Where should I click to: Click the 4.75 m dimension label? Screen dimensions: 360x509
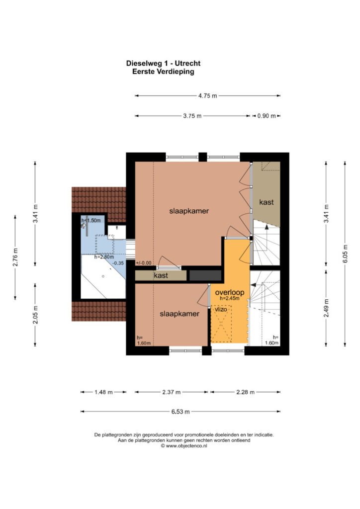tap(208, 96)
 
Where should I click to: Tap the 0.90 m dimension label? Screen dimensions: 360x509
tap(267, 116)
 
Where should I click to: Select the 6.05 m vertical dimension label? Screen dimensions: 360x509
tap(345, 254)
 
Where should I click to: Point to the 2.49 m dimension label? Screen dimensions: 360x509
tap(327, 308)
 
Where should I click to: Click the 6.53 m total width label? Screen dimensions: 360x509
tap(180, 412)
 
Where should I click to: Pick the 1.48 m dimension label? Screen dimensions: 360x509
tap(103, 392)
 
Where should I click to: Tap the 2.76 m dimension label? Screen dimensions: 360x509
tap(15, 257)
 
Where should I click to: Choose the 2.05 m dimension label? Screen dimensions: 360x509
tap(35, 315)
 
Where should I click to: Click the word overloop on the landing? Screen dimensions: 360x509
tap(230, 292)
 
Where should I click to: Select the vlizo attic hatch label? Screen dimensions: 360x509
tap(221, 309)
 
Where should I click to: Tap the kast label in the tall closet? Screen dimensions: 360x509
tap(266, 202)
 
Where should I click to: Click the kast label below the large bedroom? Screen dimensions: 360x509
tap(161, 275)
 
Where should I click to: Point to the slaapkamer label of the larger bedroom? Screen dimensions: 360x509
tap(189, 211)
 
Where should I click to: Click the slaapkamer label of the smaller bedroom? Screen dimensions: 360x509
tap(180, 314)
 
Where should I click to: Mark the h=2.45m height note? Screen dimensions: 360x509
tap(230, 298)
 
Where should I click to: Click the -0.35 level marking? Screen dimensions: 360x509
tap(118, 263)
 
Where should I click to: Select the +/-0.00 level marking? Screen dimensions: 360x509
tap(144, 263)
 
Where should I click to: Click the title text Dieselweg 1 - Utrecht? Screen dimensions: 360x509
tap(163, 63)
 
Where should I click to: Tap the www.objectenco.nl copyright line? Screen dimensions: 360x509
tap(184, 446)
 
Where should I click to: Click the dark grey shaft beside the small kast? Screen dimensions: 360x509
tap(205, 275)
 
